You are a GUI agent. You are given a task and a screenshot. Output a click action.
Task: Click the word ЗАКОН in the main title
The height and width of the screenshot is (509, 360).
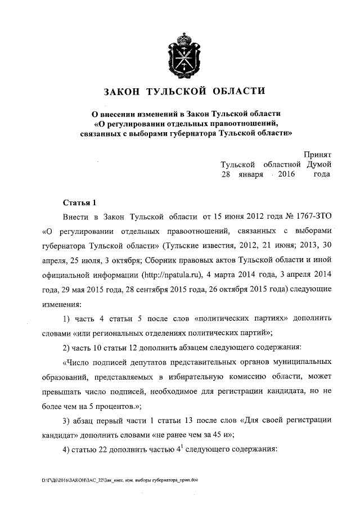(x=120, y=91)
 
